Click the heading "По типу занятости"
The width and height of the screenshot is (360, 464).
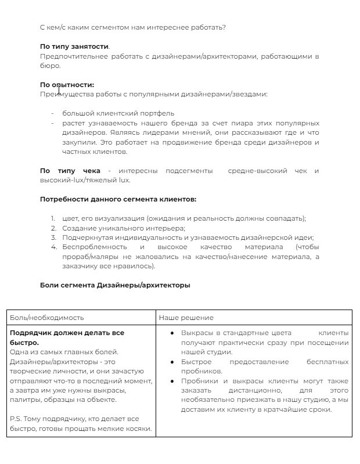(74, 46)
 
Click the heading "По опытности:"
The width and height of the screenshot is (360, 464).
(67, 85)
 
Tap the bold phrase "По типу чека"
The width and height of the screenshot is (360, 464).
(70, 171)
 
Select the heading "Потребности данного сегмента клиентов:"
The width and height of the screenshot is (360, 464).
(118, 199)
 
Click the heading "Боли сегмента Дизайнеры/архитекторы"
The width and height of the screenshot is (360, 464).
(115, 285)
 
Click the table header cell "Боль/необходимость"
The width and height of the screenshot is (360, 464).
(47, 318)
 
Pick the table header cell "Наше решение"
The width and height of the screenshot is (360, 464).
(186, 318)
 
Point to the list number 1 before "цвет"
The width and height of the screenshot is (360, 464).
(53, 218)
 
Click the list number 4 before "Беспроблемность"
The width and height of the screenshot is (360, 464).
(53, 247)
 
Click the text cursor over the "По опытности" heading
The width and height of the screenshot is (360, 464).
(59, 89)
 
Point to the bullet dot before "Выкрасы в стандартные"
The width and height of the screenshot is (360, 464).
(173, 333)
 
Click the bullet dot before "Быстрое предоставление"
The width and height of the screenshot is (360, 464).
(173, 362)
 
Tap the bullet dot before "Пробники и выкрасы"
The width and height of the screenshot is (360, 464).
(173, 381)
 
